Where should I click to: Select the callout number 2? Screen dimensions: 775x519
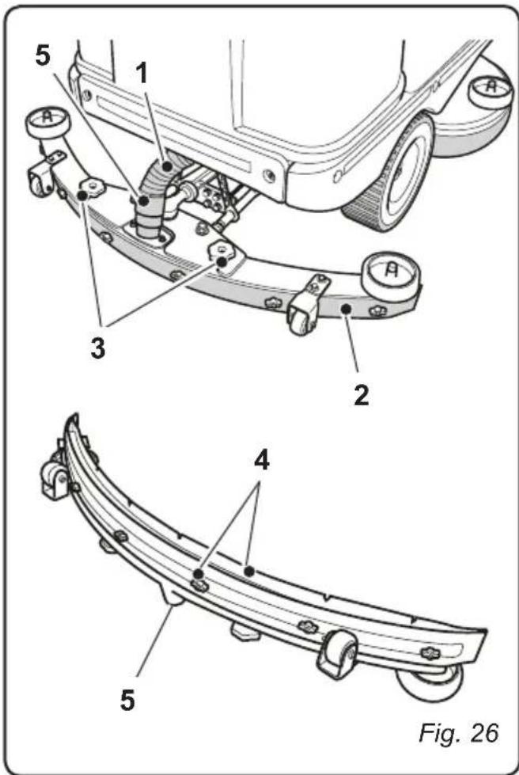click(x=361, y=394)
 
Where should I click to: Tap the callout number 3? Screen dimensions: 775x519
click(x=97, y=348)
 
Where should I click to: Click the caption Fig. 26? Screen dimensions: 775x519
click(x=458, y=733)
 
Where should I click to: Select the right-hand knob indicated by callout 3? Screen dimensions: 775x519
click(x=221, y=252)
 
